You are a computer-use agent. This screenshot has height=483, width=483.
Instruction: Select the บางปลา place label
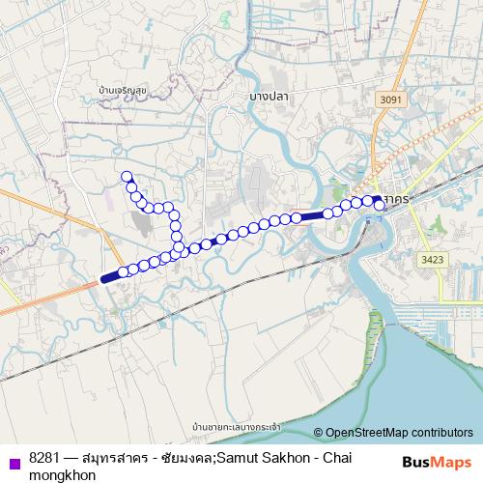click(269, 96)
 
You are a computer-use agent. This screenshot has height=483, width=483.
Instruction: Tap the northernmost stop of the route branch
click(125, 176)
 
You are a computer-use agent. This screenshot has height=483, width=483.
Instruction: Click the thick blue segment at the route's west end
click(111, 276)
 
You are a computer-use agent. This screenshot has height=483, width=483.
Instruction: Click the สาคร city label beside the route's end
click(394, 197)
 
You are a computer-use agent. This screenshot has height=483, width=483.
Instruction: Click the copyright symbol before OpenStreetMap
click(319, 433)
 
